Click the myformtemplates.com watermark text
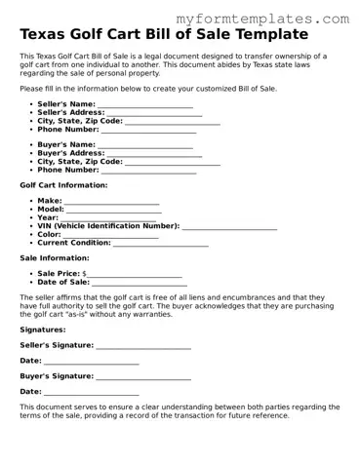pos(262,19)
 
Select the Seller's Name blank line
pos(145,105)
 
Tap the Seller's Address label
pos(69,112)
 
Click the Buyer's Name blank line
pos(145,146)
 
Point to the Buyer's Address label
pos(69,153)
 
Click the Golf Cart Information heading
pos(63,184)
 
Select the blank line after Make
pos(111,202)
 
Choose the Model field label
pos(50,209)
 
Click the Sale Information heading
pos(55,257)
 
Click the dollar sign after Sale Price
pos(85,274)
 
